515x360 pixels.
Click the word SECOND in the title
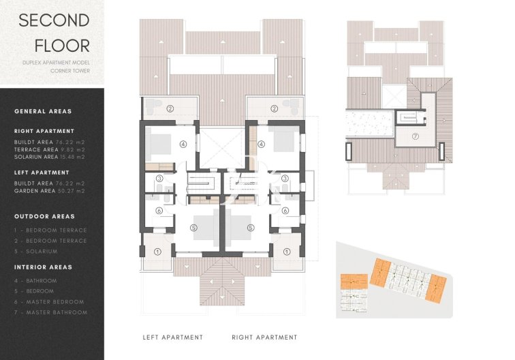pyautogui.click(x=54, y=20)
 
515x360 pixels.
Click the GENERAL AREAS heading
pyautogui.click(x=43, y=111)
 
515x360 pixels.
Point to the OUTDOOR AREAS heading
pyautogui.click(x=45, y=217)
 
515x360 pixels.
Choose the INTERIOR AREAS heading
pyautogui.click(x=43, y=267)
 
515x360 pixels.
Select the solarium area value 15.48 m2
pyautogui.click(x=73, y=157)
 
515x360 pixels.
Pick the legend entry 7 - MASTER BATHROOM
pyautogui.click(x=50, y=312)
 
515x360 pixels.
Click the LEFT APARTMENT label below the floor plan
pyautogui.click(x=173, y=337)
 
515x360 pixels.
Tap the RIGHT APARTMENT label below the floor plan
pyautogui.click(x=264, y=337)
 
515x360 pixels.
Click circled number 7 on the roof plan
pyautogui.click(x=415, y=136)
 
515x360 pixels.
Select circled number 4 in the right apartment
pyautogui.click(x=261, y=144)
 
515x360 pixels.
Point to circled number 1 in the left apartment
pyautogui.click(x=158, y=252)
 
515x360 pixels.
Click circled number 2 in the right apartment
pyautogui.click(x=274, y=108)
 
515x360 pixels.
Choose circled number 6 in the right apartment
pyautogui.click(x=285, y=211)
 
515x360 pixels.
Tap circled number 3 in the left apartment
pyautogui.click(x=159, y=179)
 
